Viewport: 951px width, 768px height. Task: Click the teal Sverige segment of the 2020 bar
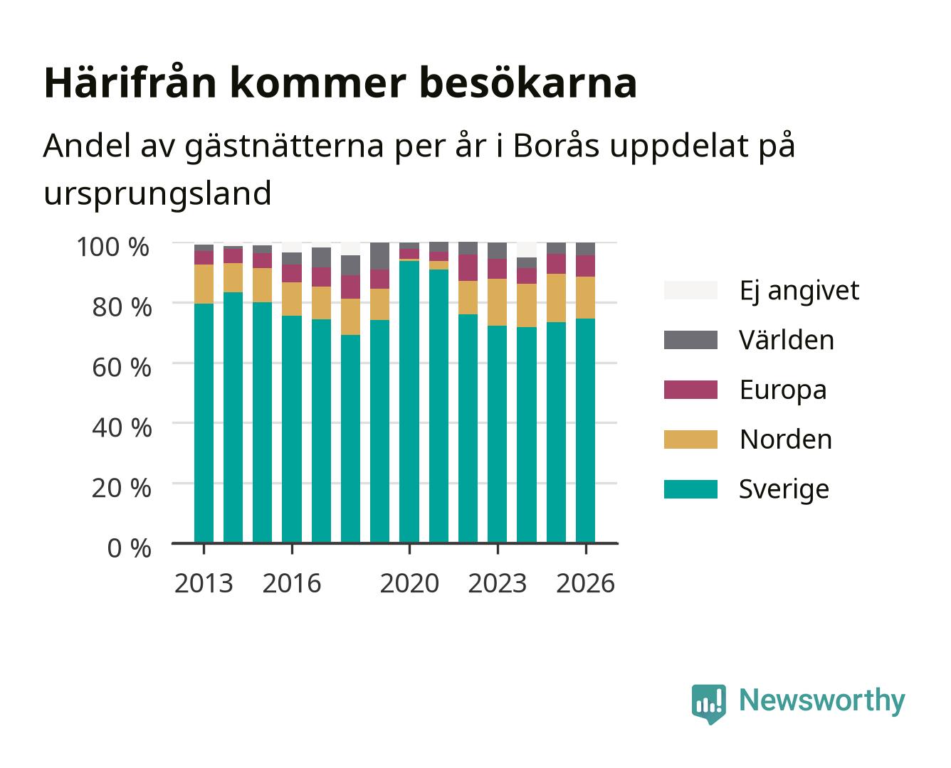pos(409,401)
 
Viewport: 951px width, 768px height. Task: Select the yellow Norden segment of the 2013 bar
pos(204,284)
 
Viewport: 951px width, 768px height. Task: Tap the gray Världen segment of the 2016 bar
pos(292,259)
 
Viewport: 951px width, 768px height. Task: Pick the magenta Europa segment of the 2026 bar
pos(585,266)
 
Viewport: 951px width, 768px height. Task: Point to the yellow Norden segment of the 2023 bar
pos(497,302)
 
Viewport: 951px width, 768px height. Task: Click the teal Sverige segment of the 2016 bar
pos(292,430)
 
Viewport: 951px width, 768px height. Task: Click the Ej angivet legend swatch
pos(690,290)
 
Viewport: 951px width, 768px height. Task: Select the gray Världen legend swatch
pos(690,340)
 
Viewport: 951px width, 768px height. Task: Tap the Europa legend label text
pos(783,390)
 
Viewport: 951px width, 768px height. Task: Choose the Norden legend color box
pos(690,439)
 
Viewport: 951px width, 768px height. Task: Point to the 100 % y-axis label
pos(113,247)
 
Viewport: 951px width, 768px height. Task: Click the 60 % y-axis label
pos(122,368)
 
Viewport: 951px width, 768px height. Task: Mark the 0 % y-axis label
pos(129,548)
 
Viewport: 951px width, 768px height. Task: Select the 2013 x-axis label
pos(204,583)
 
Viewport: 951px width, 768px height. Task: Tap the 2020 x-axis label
pos(409,583)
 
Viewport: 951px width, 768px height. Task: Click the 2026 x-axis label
pos(585,583)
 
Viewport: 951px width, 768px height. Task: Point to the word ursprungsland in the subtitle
pos(157,193)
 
